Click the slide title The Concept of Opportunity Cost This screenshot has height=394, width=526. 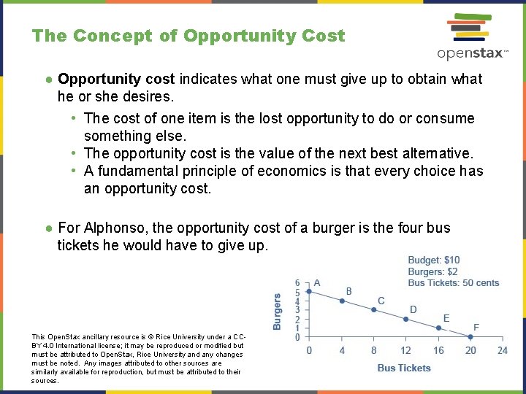(188, 36)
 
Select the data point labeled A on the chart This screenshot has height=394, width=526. (309, 292)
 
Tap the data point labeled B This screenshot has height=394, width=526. (342, 301)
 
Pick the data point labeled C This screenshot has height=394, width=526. (374, 310)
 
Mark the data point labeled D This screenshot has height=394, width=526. (406, 319)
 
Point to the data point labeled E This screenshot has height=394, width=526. (438, 328)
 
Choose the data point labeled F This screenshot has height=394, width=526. (470, 337)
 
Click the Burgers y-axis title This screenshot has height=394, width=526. (278, 312)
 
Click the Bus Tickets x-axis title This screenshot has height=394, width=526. (404, 368)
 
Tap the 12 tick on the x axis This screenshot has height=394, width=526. (406, 350)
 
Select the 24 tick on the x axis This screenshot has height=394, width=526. (503, 350)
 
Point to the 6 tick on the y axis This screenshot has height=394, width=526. (297, 283)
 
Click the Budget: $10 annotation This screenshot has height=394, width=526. (434, 260)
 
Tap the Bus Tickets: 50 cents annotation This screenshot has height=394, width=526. (454, 283)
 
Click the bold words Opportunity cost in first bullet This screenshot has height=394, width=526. (117, 79)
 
